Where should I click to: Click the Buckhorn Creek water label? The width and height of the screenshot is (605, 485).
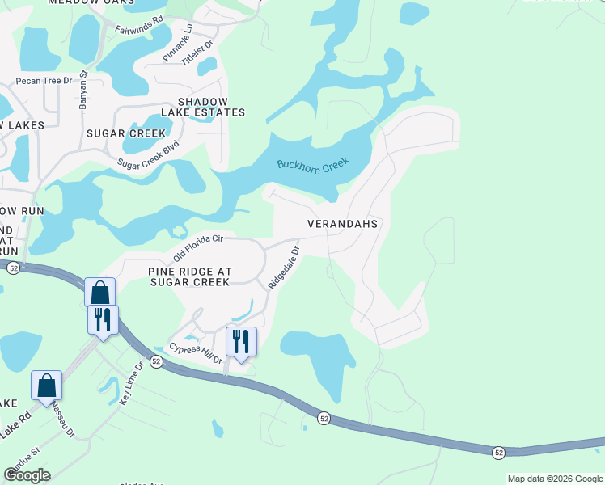pyautogui.click(x=312, y=164)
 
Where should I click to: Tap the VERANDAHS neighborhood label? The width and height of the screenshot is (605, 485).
pyautogui.click(x=343, y=223)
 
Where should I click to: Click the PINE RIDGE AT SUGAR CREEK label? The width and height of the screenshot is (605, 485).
pyautogui.click(x=190, y=276)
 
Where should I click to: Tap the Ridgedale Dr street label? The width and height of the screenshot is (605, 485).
pyautogui.click(x=284, y=268)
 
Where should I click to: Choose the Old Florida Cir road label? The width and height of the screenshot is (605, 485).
pyautogui.click(x=197, y=247)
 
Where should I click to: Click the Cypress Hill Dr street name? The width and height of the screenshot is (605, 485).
pyautogui.click(x=195, y=355)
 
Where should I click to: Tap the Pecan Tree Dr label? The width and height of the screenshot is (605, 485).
pyautogui.click(x=44, y=81)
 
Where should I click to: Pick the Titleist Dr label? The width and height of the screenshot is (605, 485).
pyautogui.click(x=197, y=54)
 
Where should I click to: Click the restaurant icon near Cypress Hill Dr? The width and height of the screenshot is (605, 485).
pyautogui.click(x=241, y=341)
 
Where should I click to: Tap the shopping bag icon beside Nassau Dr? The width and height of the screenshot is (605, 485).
pyautogui.click(x=47, y=385)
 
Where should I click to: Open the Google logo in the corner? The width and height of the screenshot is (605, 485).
pyautogui.click(x=27, y=475)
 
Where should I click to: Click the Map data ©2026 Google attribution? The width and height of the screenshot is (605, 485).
pyautogui.click(x=555, y=479)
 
